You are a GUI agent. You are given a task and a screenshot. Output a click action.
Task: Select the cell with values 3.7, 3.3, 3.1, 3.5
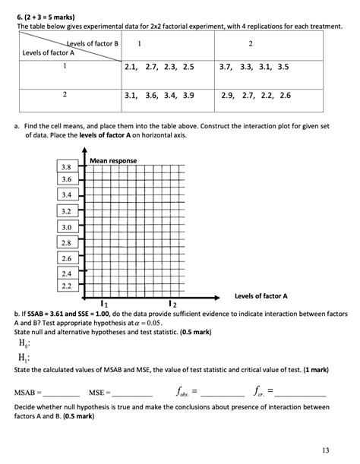coord(254,68)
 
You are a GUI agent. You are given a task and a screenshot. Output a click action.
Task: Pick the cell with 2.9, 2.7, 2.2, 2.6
coord(254,96)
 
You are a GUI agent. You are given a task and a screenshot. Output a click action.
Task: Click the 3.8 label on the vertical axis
coord(66,167)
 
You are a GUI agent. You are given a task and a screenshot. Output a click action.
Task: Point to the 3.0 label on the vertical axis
coord(66,227)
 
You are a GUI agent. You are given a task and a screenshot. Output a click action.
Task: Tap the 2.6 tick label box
coord(66,257)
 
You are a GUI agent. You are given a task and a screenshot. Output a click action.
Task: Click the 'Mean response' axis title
coord(113,162)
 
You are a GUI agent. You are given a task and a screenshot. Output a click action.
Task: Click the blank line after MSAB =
coord(63,394)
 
